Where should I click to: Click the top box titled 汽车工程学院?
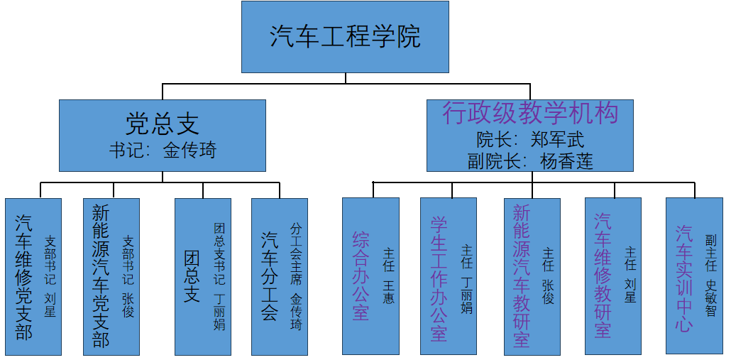[x=345, y=36]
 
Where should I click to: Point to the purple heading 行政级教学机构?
[x=529, y=113]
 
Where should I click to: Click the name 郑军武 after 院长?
[x=557, y=138]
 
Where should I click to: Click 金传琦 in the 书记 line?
[x=189, y=150]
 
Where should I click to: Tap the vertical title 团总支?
[x=192, y=276]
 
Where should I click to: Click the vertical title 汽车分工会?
[x=269, y=276]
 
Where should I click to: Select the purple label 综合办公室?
[x=361, y=276]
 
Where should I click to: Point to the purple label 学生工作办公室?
[x=439, y=276]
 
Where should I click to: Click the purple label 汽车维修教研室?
[x=603, y=276]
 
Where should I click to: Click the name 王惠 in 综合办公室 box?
[x=388, y=293]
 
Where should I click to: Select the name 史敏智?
[x=710, y=296]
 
